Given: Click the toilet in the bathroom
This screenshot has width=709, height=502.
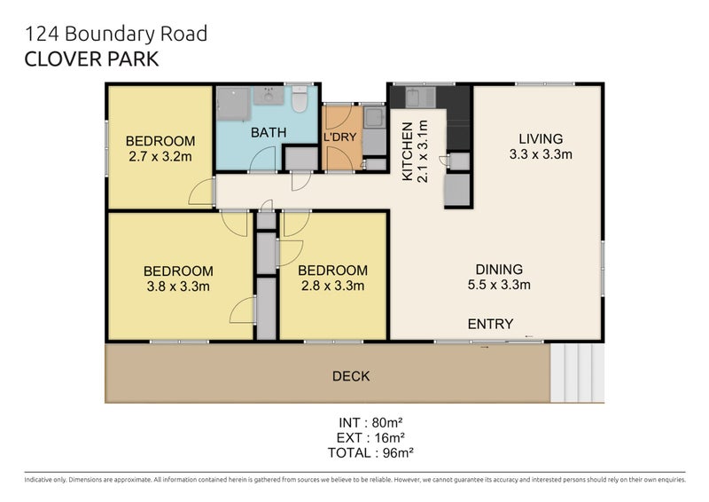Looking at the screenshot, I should pyautogui.click(x=300, y=100).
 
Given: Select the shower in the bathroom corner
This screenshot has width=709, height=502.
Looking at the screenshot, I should pyautogui.click(x=233, y=103).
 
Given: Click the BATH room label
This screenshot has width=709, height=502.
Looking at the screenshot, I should pyautogui.click(x=268, y=133).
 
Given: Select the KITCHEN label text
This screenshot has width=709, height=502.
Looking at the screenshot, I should pyautogui.click(x=408, y=152).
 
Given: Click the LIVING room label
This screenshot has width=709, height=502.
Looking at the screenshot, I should pyautogui.click(x=541, y=138).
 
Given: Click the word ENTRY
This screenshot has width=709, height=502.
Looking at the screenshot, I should pyautogui.click(x=490, y=324).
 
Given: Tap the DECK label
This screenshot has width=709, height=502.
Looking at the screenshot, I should pyautogui.click(x=351, y=376).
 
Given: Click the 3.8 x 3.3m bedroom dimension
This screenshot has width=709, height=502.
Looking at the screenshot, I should pyautogui.click(x=177, y=286).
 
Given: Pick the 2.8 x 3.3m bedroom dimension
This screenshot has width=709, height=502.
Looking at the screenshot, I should pyautogui.click(x=332, y=286).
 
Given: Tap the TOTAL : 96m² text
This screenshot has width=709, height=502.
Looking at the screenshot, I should pyautogui.click(x=372, y=451).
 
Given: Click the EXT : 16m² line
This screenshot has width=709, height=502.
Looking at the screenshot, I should pyautogui.click(x=372, y=436).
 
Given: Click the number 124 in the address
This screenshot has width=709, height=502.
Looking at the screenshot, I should pyautogui.click(x=38, y=35).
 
